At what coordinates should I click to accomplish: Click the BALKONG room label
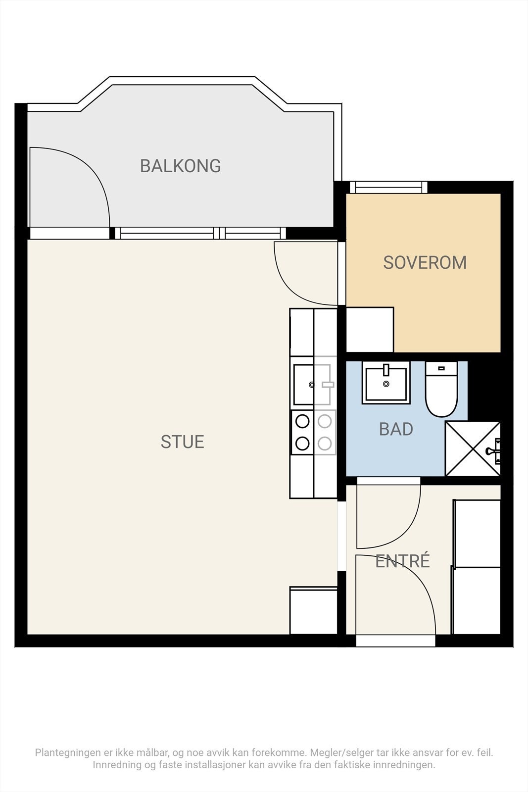pos(181,166)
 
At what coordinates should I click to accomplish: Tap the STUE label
pos(183,442)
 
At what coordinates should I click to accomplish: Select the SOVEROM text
pos(425,263)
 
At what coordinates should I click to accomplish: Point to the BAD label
pos(396,429)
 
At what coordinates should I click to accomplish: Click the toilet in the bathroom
pos(441,389)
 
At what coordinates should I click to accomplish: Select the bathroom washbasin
pos(386,383)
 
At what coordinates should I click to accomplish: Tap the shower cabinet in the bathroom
pos(473,448)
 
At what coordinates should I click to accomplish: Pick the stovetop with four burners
pos(313,433)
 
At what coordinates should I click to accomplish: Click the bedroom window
pos(388,188)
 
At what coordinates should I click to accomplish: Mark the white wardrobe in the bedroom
pos(370,330)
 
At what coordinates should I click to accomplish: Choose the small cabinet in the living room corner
pos(313,611)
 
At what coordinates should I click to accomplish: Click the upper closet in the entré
pos(477,533)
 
